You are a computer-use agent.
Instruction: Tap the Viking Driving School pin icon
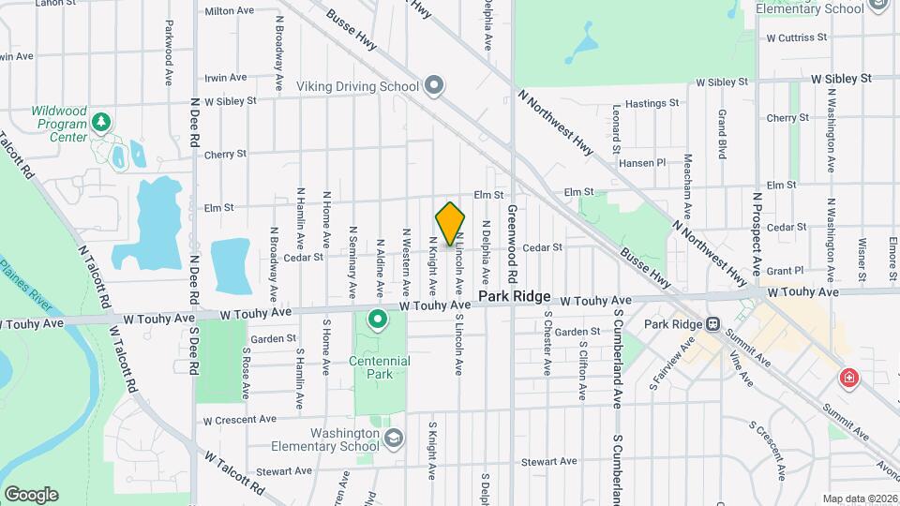[433, 86]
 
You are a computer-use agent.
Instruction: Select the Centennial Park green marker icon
[378, 321]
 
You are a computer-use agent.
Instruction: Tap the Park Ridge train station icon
[712, 324]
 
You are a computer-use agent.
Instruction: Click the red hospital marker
[848, 379]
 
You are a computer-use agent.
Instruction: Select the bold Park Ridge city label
[515, 296]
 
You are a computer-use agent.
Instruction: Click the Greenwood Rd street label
[513, 246]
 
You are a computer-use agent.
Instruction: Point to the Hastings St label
[652, 103]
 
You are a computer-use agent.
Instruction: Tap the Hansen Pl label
[642, 162]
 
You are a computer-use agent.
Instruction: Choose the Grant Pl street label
[786, 270]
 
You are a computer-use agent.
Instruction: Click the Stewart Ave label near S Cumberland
[549, 461]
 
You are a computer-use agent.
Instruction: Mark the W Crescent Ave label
[240, 419]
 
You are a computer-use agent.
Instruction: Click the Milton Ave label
[230, 11]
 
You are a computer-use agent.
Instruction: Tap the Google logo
[31, 495]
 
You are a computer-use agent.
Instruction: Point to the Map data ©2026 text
[859, 498]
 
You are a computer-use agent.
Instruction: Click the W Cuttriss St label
[796, 38]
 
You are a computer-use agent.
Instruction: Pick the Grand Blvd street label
[723, 134]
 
